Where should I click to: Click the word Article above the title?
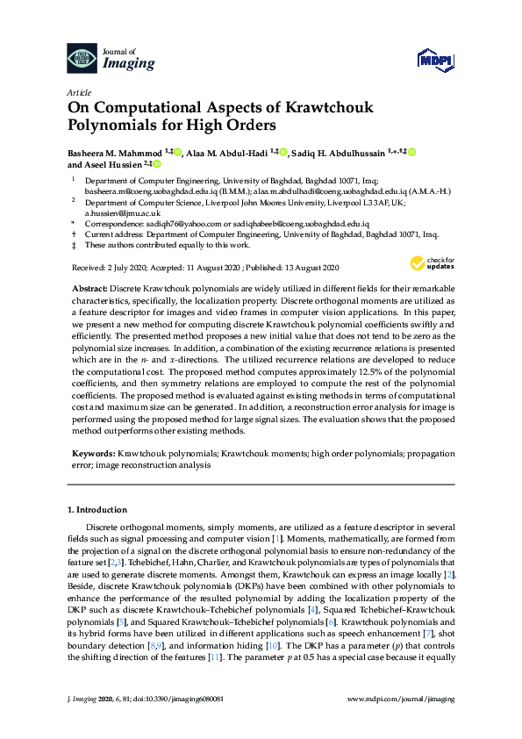pos(79,91)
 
